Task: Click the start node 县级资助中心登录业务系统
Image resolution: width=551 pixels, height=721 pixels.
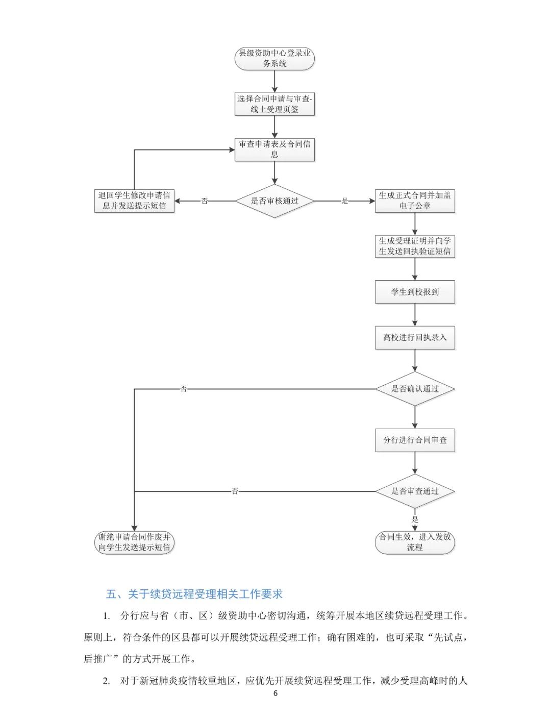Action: (274, 59)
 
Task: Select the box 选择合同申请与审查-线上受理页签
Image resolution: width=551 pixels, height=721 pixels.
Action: (274, 104)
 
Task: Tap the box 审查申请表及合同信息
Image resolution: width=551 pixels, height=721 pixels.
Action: (274, 150)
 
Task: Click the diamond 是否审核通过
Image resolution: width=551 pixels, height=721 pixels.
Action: (274, 201)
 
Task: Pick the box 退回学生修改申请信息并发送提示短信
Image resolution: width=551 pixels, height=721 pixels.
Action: (134, 201)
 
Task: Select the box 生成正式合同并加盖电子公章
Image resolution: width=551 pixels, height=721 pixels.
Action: (415, 201)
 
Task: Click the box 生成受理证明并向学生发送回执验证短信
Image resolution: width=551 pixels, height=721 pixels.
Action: (415, 246)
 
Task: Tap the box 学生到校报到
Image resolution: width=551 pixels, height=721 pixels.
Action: (415, 292)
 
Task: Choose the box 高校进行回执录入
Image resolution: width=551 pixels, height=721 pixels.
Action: (415, 337)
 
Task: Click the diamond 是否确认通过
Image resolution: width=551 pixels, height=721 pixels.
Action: (415, 389)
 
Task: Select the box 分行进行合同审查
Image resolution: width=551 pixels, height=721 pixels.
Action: (415, 440)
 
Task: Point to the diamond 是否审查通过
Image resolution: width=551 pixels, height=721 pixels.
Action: (415, 491)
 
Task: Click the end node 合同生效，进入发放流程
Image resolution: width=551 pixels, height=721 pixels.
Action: (415, 542)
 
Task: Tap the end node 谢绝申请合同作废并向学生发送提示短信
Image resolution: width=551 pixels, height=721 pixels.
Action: (134, 542)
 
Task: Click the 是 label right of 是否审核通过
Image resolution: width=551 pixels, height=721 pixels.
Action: (344, 201)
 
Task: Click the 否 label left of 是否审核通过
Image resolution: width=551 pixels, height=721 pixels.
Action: (205, 201)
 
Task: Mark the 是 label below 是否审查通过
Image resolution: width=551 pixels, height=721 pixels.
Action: (415, 519)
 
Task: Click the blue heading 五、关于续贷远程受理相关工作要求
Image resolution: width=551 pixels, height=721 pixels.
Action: (194, 594)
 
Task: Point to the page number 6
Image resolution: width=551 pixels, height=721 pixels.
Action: (275, 693)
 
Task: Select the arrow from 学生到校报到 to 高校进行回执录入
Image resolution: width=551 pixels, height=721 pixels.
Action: (415, 315)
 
